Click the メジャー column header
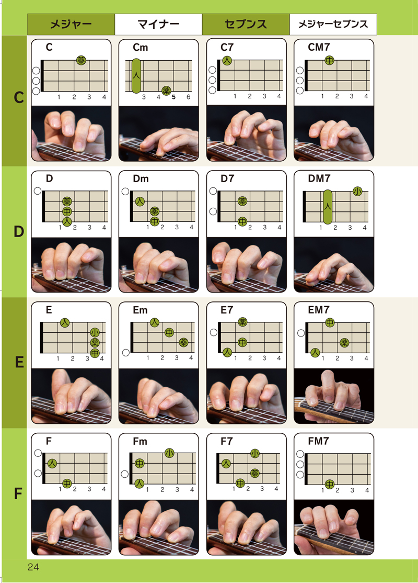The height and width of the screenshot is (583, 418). (71, 25)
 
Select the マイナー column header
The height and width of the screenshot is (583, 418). (158, 25)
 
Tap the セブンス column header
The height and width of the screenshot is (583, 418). (246, 25)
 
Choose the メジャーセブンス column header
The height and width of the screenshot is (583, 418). (333, 25)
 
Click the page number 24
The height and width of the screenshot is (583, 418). (33, 567)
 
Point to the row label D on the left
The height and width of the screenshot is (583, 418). (19, 232)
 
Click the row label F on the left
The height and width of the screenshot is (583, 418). (18, 494)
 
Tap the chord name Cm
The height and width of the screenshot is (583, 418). (141, 47)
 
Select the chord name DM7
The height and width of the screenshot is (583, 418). (319, 178)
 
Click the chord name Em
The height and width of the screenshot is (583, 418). (141, 310)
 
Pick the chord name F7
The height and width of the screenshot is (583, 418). (226, 441)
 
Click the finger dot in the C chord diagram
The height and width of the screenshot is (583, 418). (81, 60)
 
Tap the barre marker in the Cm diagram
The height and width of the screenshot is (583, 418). (136, 76)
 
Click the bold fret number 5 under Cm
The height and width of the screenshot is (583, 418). (174, 97)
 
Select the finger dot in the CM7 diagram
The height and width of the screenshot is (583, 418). (329, 60)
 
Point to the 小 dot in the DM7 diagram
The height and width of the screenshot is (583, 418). (357, 191)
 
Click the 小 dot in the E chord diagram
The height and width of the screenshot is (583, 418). (95, 332)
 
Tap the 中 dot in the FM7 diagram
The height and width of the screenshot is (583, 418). (330, 484)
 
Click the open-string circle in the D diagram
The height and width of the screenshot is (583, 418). (38, 191)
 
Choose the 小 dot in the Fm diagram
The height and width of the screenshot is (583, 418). (169, 453)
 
